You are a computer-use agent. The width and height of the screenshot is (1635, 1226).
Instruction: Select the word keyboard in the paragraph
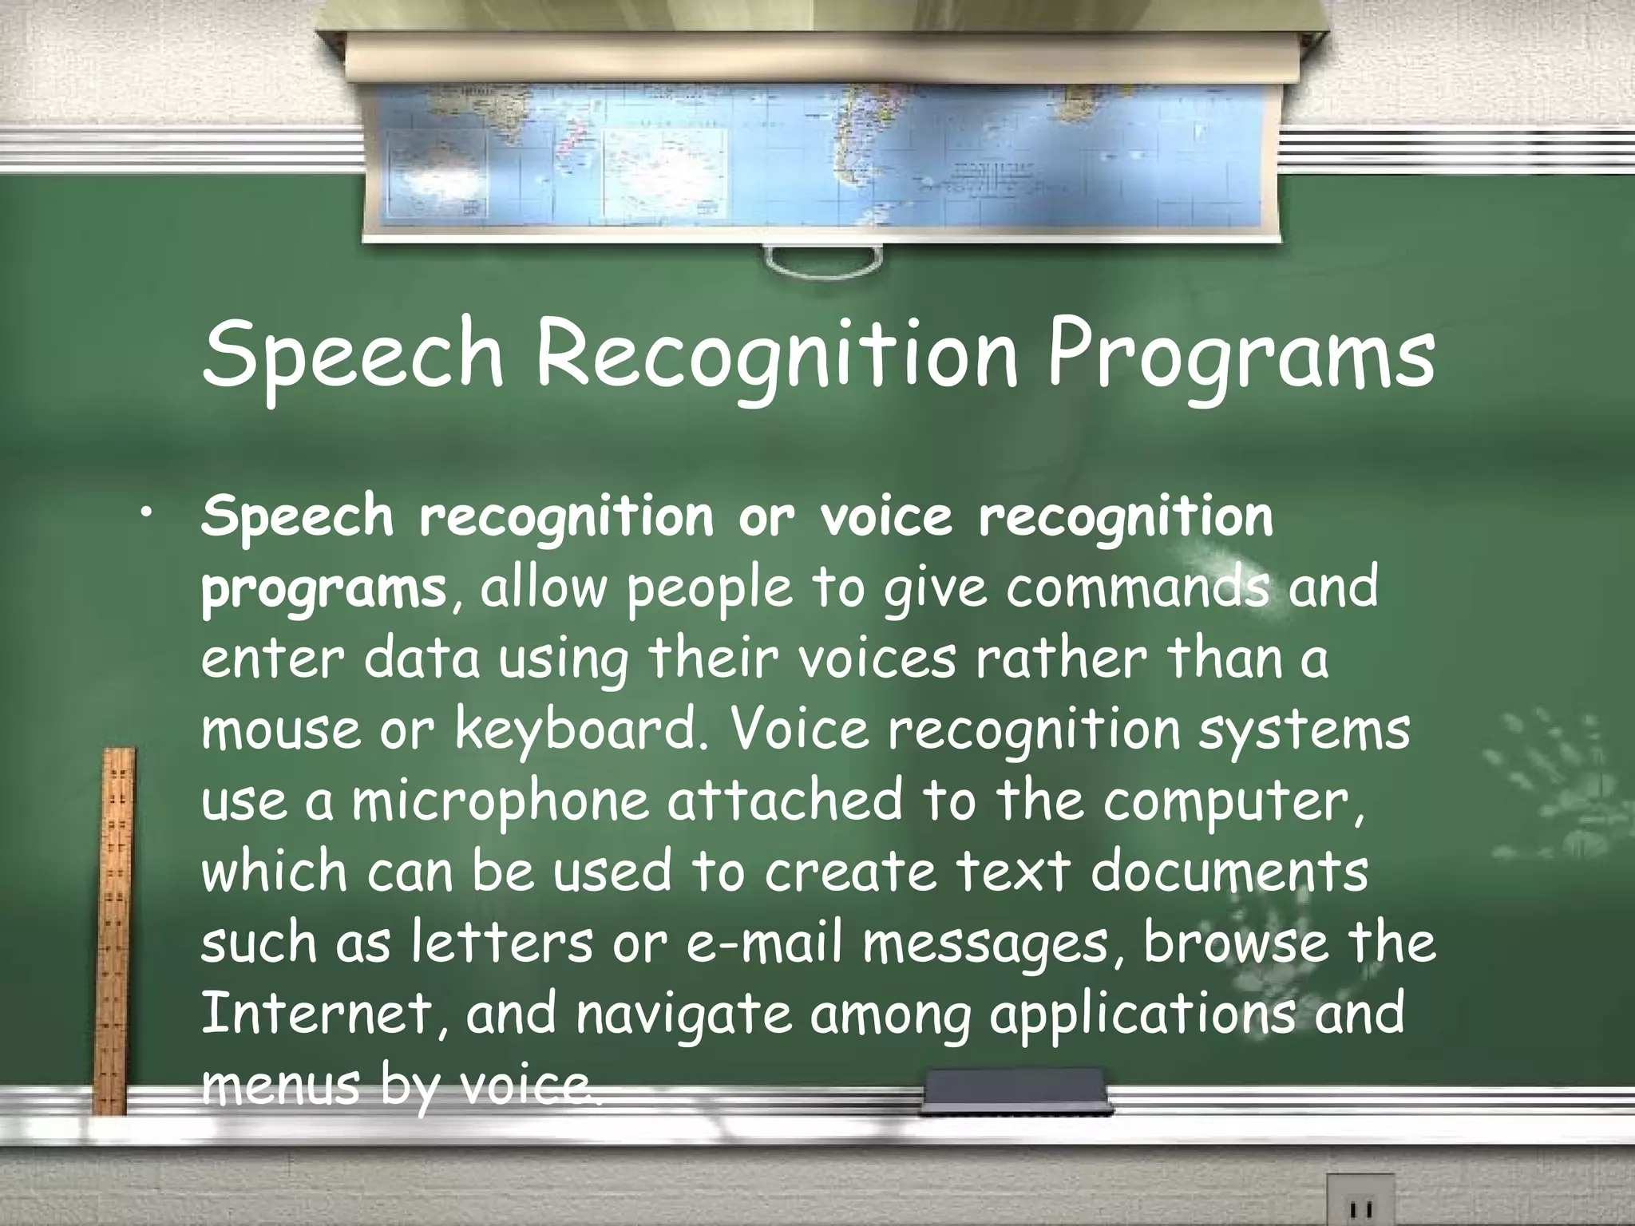point(575,730)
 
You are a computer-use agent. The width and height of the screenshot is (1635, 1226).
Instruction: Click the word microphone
point(501,801)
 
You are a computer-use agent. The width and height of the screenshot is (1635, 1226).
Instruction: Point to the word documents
point(1229,871)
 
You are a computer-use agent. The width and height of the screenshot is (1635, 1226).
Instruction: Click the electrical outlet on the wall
point(1360,1201)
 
